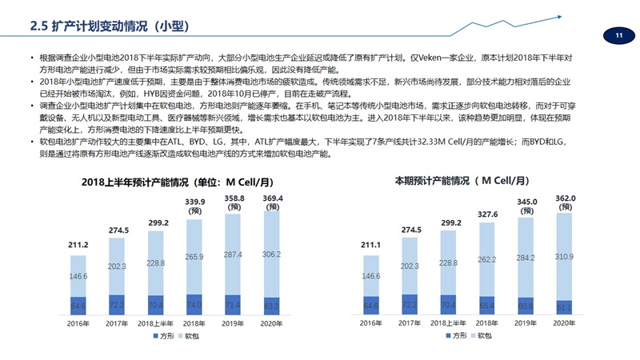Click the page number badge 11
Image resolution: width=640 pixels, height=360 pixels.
[x=618, y=35]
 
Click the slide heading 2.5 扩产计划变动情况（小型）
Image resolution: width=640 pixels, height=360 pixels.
[x=109, y=26]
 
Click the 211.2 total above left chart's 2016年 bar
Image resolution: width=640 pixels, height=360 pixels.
[x=78, y=244]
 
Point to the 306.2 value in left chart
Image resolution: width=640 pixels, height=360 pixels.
[x=272, y=254]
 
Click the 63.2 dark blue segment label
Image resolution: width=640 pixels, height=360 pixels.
[x=272, y=306]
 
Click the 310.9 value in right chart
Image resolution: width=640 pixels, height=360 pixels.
[x=565, y=257]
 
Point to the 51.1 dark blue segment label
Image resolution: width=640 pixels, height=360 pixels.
[x=565, y=307]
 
